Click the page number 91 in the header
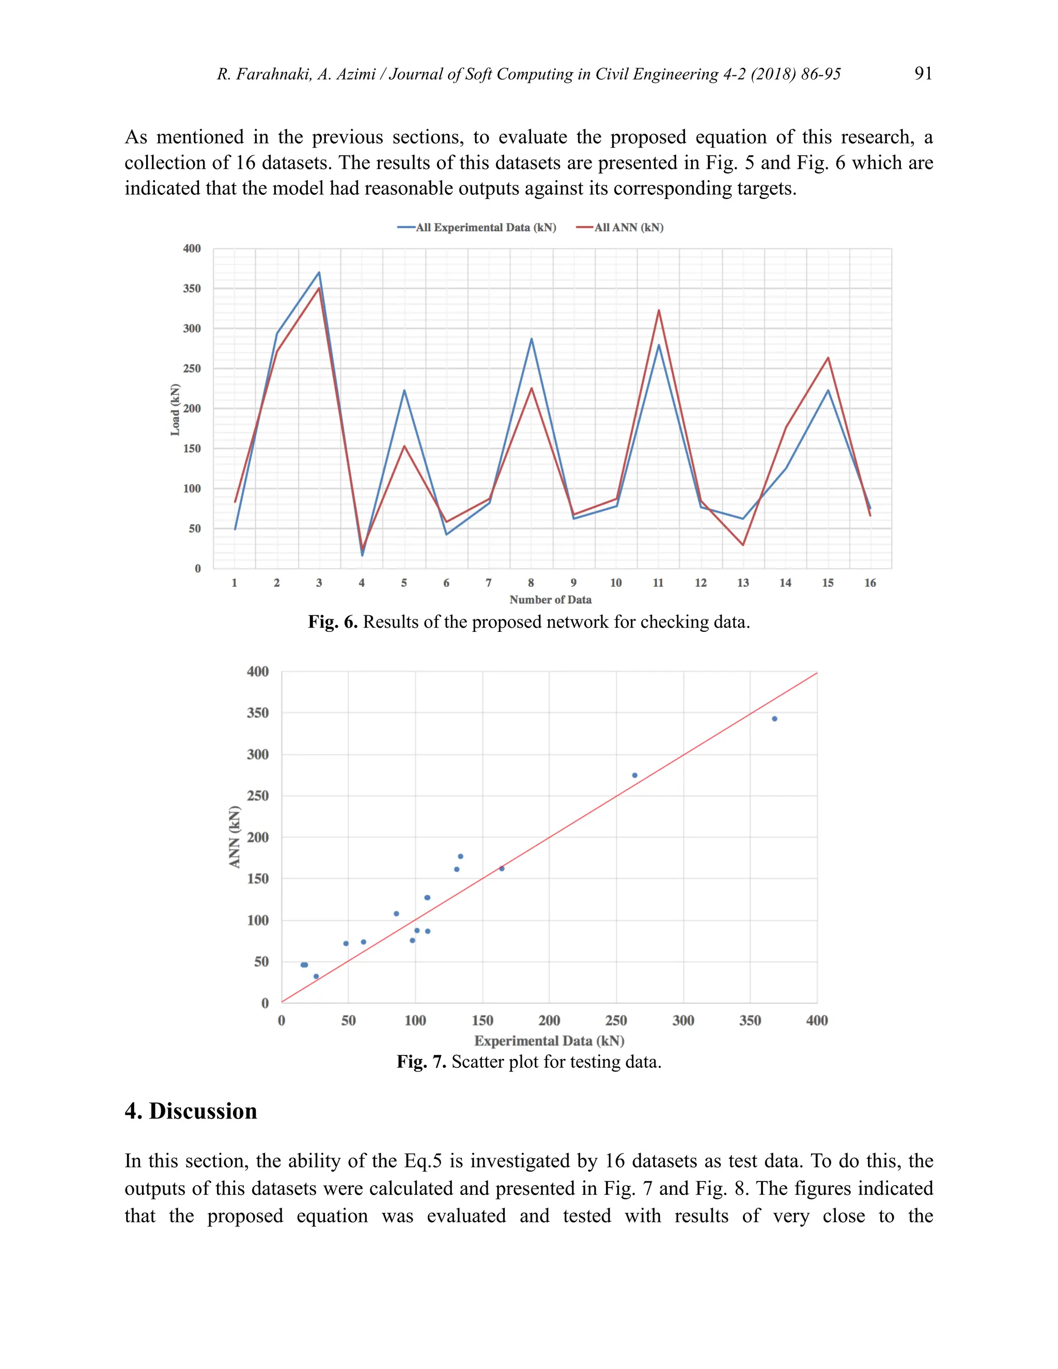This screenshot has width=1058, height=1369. coord(923,73)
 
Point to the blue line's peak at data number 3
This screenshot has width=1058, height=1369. coord(319,273)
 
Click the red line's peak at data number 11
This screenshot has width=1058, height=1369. coord(659,310)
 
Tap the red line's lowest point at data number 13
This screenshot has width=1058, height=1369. coord(743,545)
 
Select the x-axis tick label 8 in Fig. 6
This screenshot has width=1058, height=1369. coord(531,583)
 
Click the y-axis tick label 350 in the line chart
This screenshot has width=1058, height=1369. coord(192,288)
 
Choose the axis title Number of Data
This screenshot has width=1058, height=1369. coord(550,600)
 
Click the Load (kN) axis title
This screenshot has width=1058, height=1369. coord(176,409)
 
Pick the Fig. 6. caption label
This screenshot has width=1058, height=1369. coord(332,622)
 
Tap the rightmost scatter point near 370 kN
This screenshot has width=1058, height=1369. coord(775,719)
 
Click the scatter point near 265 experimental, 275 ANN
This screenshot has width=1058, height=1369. coord(634,775)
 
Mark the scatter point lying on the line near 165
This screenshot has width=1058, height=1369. coord(502,869)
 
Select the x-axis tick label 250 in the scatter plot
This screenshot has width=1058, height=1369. coord(616,1020)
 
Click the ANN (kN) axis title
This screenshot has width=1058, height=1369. coord(235,837)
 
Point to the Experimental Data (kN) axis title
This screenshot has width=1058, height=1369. coord(549,1041)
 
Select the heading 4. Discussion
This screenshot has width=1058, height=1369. coord(191,1111)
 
